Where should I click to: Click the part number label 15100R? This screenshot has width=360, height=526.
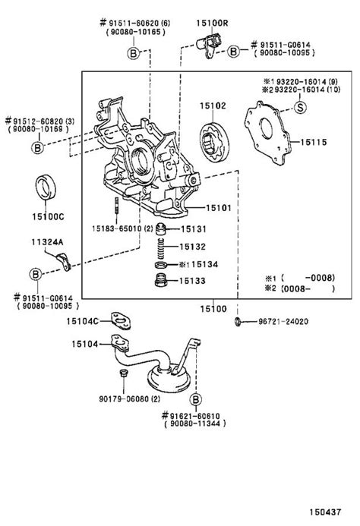[x=213, y=24]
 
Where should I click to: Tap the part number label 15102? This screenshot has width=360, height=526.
[x=213, y=107]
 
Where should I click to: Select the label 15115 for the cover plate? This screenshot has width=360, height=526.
[x=313, y=142]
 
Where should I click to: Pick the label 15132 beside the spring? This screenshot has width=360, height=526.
[x=194, y=247]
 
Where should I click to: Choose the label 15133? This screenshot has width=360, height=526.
[x=194, y=281]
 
